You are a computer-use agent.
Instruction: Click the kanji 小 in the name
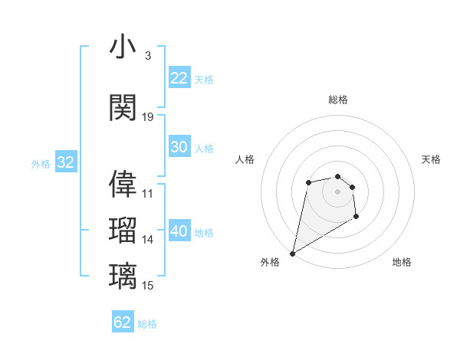(x=123, y=48)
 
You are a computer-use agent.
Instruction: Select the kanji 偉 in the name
(x=123, y=184)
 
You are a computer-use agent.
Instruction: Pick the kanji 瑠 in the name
(x=123, y=231)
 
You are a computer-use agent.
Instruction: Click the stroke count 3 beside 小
(x=147, y=56)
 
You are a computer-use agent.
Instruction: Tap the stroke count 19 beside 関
(x=148, y=116)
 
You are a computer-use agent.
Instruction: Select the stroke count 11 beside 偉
(x=148, y=193)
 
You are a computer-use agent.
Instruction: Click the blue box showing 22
(x=179, y=78)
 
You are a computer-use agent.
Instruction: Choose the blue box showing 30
(x=179, y=148)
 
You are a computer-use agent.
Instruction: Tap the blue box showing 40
(x=179, y=231)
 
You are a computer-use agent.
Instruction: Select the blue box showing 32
(x=65, y=162)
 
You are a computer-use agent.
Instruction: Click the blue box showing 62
(x=123, y=322)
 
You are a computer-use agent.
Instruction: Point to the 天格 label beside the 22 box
(x=204, y=79)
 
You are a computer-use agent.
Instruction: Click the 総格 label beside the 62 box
(x=147, y=324)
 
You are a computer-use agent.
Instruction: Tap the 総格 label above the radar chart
(x=338, y=100)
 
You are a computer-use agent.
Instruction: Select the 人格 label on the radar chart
(x=245, y=159)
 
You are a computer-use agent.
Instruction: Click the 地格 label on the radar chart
(x=402, y=262)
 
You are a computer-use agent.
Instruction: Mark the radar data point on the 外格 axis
(x=292, y=253)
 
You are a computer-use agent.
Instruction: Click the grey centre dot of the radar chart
(x=338, y=191)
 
